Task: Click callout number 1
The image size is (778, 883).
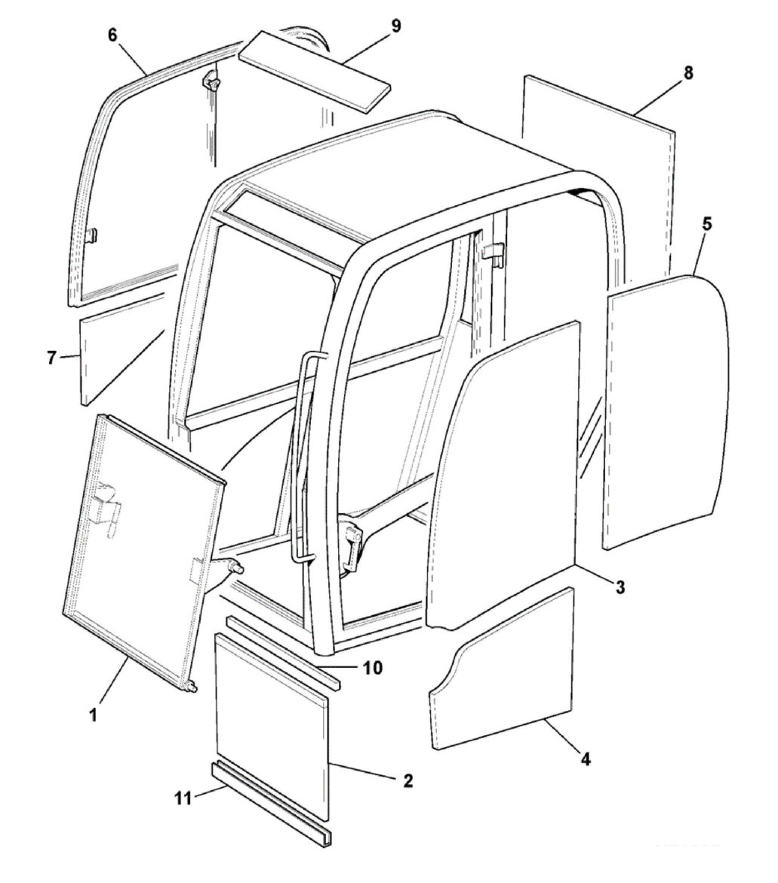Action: (94, 715)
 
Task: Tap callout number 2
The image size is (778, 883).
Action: (408, 780)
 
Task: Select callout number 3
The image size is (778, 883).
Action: (620, 587)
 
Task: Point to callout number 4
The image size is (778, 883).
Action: (586, 759)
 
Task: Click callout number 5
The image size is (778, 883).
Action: (707, 223)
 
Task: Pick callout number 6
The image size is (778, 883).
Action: (112, 35)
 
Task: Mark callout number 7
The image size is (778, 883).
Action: (52, 358)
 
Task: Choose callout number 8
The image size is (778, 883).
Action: (688, 73)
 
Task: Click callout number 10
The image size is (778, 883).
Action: (371, 667)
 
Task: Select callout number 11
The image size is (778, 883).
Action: (183, 798)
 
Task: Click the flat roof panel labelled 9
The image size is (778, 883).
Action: (315, 70)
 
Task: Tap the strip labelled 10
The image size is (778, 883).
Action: (284, 651)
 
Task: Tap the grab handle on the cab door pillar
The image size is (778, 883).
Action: (304, 456)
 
